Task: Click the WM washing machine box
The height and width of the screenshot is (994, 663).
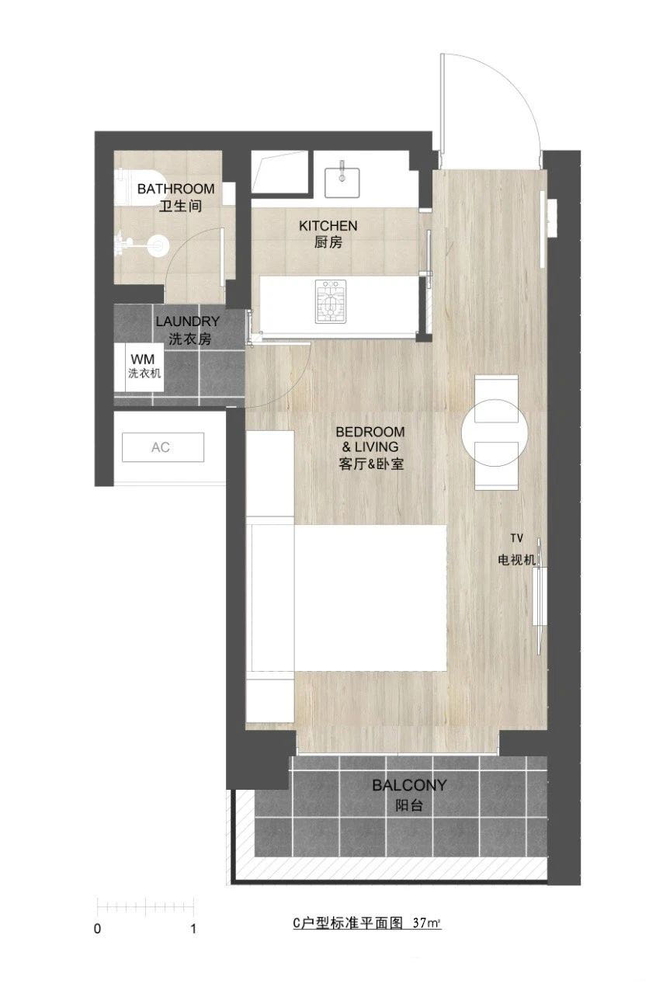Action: click(x=138, y=367)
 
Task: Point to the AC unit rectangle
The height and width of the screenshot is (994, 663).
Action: click(x=163, y=447)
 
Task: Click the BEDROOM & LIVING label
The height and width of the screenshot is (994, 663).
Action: click(x=370, y=448)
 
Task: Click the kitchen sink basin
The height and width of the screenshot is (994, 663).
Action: click(x=342, y=182)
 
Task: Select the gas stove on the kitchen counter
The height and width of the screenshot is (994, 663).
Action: click(x=331, y=301)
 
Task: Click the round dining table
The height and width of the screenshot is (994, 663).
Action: click(x=495, y=433)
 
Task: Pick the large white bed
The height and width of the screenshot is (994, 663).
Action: click(x=370, y=598)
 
